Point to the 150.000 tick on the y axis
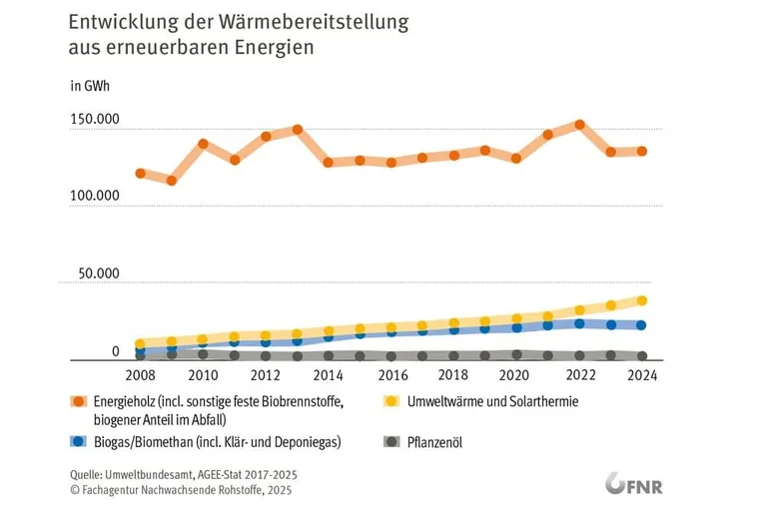click(95, 120)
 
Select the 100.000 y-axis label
click(95, 197)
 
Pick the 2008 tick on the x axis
click(141, 375)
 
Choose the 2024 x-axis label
click(642, 375)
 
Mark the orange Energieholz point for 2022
click(579, 125)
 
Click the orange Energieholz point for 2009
click(172, 181)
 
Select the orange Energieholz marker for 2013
click(297, 130)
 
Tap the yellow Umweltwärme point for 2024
click(642, 300)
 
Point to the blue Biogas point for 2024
click(642, 325)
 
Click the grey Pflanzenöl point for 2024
click(642, 356)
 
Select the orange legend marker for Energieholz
click(77, 402)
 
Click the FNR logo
click(634, 485)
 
